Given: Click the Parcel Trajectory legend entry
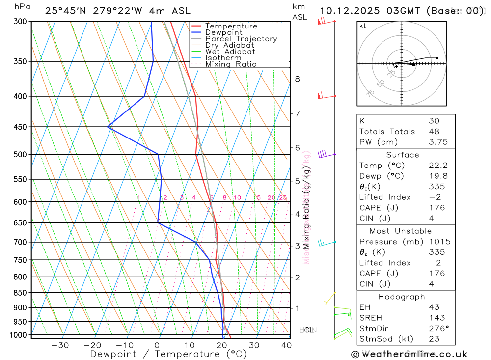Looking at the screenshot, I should coord(241,39).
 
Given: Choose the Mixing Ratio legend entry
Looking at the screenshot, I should coord(231,64).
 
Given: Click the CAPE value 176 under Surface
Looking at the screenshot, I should coord(436,208).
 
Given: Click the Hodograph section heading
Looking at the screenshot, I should coord(402,297).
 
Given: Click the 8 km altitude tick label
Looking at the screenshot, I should coord(297,79).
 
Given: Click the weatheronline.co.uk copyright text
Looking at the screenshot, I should coord(409,354).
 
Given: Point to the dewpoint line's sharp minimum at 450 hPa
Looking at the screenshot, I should coord(108,127).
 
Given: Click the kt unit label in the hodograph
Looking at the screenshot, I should coord(362,26).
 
